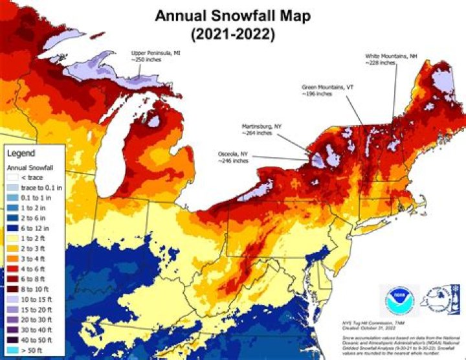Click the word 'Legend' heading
coord(21,154)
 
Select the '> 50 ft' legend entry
coord(32,352)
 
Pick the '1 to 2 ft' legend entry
coord(35,238)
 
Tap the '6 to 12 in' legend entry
coord(36,228)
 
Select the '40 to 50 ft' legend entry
coord(38,342)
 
